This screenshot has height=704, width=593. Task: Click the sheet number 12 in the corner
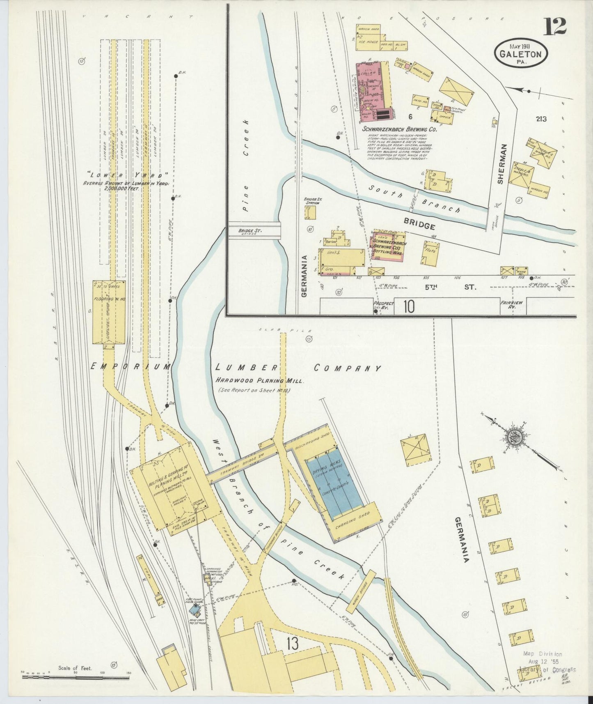click(x=556, y=27)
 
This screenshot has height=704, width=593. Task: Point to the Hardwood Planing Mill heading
click(x=260, y=381)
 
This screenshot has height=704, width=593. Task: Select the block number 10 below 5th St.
click(x=408, y=306)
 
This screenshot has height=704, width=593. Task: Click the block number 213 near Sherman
click(x=541, y=119)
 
